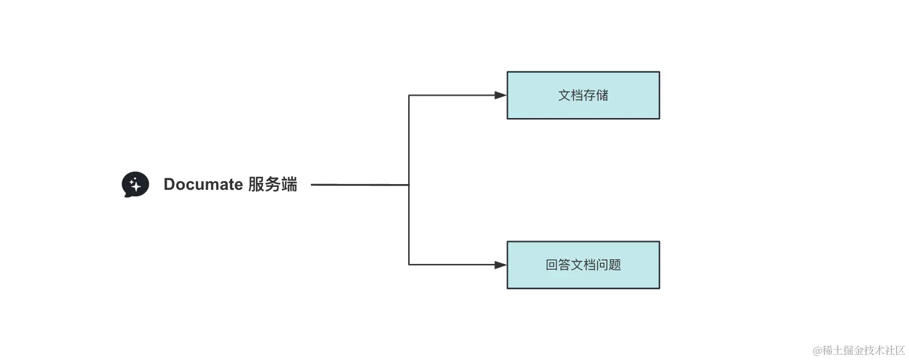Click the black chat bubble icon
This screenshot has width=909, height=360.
point(135,184)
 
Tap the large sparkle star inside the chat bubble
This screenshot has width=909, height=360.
point(136,186)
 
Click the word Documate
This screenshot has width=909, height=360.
point(203,184)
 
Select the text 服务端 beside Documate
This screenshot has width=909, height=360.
point(273,184)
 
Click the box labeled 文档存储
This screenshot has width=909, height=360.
point(583,95)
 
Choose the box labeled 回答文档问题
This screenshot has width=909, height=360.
point(583,265)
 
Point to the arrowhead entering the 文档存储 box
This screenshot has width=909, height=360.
point(501,95)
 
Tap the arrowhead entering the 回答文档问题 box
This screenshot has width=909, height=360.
point(501,265)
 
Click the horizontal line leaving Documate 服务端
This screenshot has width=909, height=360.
point(359,185)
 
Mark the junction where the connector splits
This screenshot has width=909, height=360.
point(409,185)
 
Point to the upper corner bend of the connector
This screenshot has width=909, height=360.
point(409,95)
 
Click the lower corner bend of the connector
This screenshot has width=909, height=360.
point(409,265)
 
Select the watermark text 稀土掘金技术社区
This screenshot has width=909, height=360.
point(864,350)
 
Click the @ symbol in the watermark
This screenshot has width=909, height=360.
point(818,350)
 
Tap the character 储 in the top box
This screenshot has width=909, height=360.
point(602,95)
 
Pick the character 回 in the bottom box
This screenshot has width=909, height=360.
point(551,265)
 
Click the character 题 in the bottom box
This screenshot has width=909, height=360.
point(615,265)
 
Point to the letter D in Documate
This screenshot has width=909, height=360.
point(170,184)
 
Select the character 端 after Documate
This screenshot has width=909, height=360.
point(289,184)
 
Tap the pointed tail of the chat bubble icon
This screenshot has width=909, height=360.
point(126,195)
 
